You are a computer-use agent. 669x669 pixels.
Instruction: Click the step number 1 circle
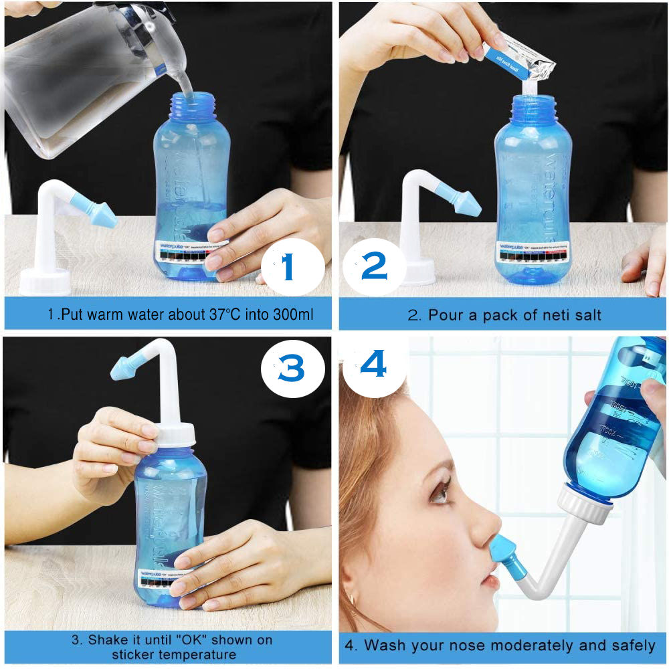(289, 266)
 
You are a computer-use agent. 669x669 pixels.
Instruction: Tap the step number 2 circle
(374, 266)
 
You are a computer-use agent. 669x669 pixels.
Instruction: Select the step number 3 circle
(292, 369)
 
